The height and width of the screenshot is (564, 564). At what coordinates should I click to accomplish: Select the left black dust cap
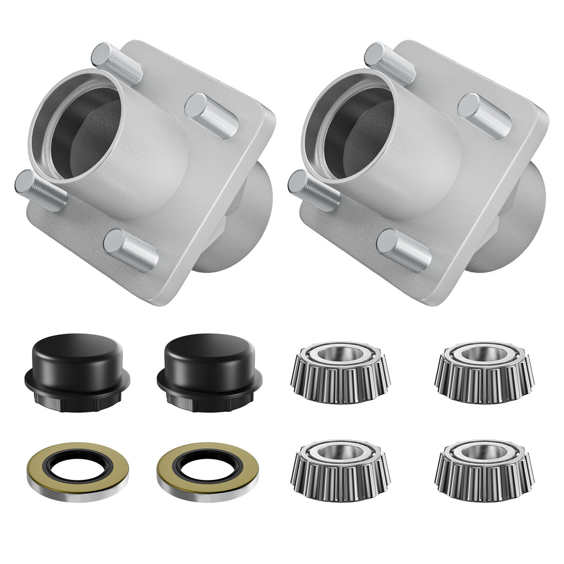coord(78,371)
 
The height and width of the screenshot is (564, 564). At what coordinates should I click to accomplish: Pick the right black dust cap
coord(210,371)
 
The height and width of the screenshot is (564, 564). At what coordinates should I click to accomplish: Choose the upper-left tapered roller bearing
coord(341,371)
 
